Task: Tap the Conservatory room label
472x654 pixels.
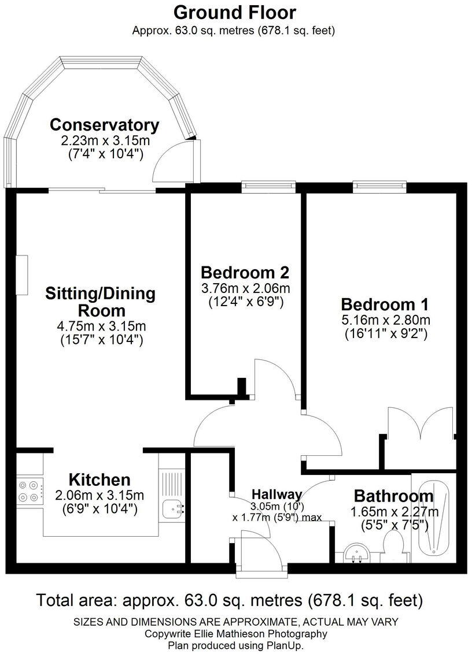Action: pyautogui.click(x=104, y=124)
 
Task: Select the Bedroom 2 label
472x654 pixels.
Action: pyautogui.click(x=245, y=272)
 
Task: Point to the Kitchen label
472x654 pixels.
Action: pyautogui.click(x=99, y=479)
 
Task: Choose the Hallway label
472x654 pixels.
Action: pyautogui.click(x=276, y=494)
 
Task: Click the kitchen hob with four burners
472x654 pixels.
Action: pyautogui.click(x=30, y=490)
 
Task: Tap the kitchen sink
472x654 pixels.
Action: pyautogui.click(x=172, y=508)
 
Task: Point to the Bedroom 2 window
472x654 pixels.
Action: pyautogui.click(x=268, y=186)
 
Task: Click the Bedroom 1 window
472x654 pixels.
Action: pyautogui.click(x=379, y=186)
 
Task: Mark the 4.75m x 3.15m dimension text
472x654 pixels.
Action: pyautogui.click(x=101, y=326)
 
